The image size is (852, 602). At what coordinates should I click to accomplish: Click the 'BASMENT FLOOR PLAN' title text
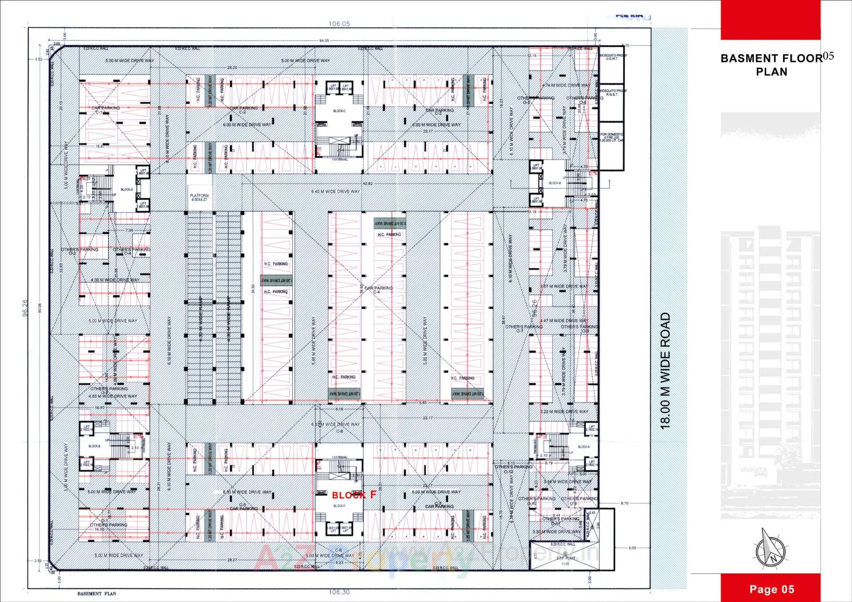pyautogui.click(x=771, y=65)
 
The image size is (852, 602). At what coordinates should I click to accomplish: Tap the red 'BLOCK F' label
pyautogui.click(x=354, y=495)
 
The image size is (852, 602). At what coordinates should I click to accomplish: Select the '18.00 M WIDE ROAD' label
pyautogui.click(x=665, y=370)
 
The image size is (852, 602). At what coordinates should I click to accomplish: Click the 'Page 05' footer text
pyautogui.click(x=771, y=589)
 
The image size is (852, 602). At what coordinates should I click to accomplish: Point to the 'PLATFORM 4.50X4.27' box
pyautogui.click(x=199, y=197)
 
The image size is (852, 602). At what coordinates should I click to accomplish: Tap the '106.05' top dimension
pyautogui.click(x=339, y=24)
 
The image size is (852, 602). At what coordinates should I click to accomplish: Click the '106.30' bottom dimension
pyautogui.click(x=339, y=592)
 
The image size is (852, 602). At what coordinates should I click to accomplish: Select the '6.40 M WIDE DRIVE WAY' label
pyautogui.click(x=335, y=192)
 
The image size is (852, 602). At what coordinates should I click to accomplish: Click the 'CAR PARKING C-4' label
pyautogui.click(x=378, y=290)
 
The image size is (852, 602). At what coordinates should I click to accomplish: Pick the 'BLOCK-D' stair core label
pyautogui.click(x=126, y=189)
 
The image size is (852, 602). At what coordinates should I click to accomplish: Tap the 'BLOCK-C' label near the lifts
pyautogui.click(x=339, y=111)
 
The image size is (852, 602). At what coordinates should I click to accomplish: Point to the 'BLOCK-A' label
pyautogui.click(x=584, y=447)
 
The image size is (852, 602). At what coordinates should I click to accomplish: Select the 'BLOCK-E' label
pyautogui.click(x=94, y=446)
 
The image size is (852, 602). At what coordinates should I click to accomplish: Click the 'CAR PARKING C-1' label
pyautogui.click(x=105, y=110)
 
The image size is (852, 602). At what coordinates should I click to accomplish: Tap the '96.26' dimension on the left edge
pyautogui.click(x=25, y=307)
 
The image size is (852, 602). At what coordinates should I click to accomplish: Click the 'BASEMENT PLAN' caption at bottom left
pyautogui.click(x=96, y=594)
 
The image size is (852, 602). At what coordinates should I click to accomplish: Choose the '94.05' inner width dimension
pyautogui.click(x=324, y=40)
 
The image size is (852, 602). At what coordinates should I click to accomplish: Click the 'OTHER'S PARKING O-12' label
pyautogui.click(x=513, y=469)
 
